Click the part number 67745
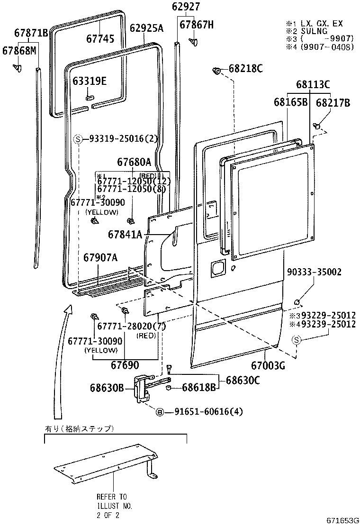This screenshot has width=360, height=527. pyautogui.click(x=100, y=38)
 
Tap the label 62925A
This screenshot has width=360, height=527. pyautogui.click(x=146, y=28)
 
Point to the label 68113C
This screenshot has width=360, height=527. pyautogui.click(x=313, y=85)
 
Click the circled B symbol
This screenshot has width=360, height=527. pyautogui.click(x=160, y=411)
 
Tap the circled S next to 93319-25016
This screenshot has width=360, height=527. pyautogui.click(x=79, y=139)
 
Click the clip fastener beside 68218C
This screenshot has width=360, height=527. pyautogui.click(x=216, y=71)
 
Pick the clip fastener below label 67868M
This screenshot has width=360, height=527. pyautogui.click(x=18, y=69)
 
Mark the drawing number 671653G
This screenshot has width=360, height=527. pyautogui.click(x=342, y=520)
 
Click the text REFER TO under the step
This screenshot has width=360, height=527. pyautogui.click(x=111, y=497)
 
